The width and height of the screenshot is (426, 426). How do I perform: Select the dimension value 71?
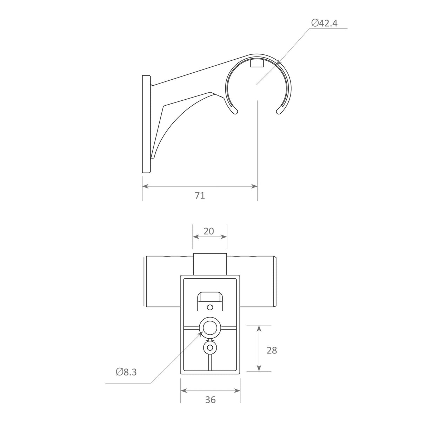pos(200,195)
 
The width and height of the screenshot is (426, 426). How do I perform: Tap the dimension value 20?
pos(209,231)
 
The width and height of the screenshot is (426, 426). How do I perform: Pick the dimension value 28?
pos(272,350)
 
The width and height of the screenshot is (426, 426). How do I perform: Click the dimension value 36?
pos(211,399)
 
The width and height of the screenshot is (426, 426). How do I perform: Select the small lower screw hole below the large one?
pos(210,348)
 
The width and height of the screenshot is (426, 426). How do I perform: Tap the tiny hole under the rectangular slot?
pos(210,308)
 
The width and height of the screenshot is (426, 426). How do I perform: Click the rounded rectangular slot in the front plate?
pos(210,297)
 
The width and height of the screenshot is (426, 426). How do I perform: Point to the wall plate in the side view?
pos(146,124)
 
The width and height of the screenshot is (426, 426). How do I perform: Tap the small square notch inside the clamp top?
pos(257,64)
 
